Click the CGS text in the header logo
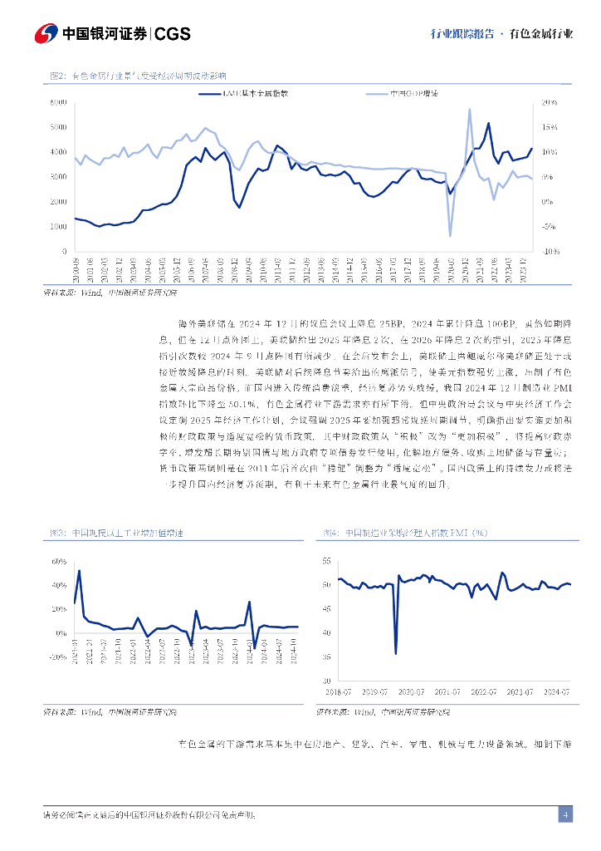(173, 33)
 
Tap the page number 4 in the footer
(564, 814)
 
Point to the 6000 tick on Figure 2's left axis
(58, 102)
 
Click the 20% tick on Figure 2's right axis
(549, 102)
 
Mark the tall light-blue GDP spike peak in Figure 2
(470, 109)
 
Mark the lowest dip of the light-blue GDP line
(451, 236)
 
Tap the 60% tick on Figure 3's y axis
(59, 562)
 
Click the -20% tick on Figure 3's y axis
(58, 657)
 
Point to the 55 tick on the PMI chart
(325, 562)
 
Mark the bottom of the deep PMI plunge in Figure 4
(395, 653)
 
